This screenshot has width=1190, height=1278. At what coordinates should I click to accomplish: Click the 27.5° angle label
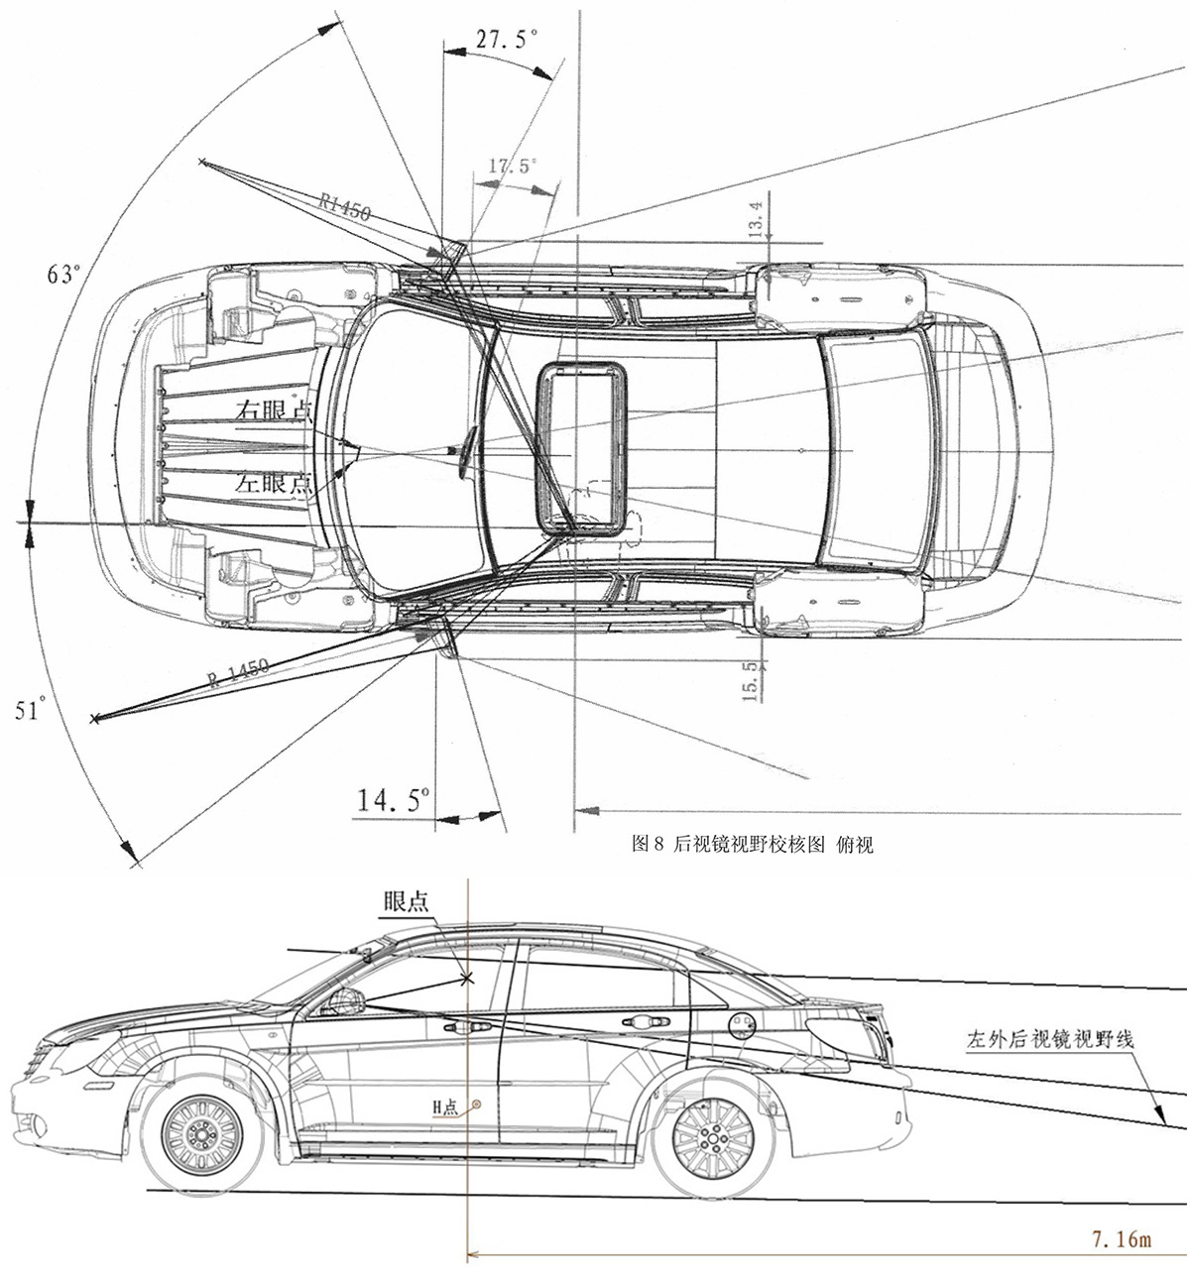[506, 40]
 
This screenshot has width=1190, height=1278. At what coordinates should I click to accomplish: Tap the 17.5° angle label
[512, 166]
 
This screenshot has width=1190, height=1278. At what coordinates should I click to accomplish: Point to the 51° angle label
[30, 710]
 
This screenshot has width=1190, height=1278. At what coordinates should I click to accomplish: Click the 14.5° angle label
[394, 799]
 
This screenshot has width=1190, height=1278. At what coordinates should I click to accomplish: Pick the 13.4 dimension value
[756, 220]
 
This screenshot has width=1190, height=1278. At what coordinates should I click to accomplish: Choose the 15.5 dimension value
[750, 682]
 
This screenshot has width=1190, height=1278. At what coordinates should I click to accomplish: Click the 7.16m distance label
[1121, 1238]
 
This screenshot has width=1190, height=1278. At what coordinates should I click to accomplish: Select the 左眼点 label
[274, 483]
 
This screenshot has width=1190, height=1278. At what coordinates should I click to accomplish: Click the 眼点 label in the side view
[407, 901]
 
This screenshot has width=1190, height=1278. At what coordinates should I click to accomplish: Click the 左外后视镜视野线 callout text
[1050, 1040]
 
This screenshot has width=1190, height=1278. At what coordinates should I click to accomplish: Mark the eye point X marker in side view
[467, 978]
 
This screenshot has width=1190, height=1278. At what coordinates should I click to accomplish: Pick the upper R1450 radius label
[345, 205]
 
